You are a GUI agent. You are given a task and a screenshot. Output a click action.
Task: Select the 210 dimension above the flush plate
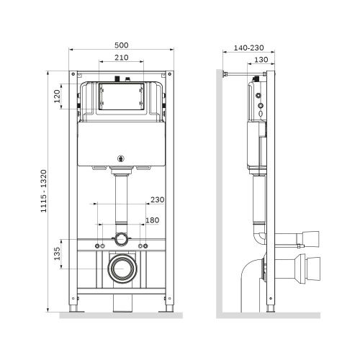(120, 59)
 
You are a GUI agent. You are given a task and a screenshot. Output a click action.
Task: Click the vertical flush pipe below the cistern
(120, 202)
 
